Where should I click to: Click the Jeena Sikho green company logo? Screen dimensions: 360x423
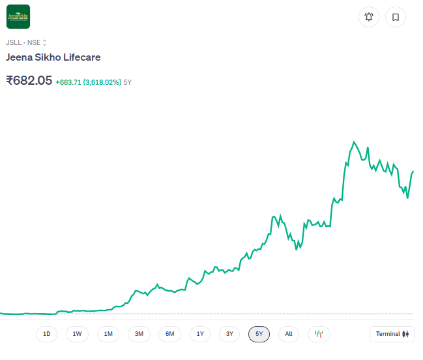pos(18,17)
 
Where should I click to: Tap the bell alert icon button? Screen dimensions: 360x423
pos(369,17)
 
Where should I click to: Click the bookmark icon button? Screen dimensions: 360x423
pos(395,17)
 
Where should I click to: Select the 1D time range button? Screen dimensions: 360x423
pos(47,334)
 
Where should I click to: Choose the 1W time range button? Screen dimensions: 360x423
pos(77,334)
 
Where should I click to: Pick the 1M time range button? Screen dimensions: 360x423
pos(108,334)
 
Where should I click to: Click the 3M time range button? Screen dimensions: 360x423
pos(139,334)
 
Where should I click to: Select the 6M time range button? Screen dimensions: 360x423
pos(169,334)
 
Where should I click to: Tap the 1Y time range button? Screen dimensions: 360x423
pos(200,334)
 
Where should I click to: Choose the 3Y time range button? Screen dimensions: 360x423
pos(229,334)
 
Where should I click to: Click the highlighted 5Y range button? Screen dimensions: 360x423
pos(259,334)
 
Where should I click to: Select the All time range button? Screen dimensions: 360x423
pos(289,334)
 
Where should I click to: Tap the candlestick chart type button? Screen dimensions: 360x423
pos(319,334)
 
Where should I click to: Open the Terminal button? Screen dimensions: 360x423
pos(392,334)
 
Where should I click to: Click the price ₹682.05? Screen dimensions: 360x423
pos(29,81)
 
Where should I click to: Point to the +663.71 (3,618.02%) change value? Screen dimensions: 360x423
pos(88,82)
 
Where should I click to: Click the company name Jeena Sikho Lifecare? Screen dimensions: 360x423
pos(53,57)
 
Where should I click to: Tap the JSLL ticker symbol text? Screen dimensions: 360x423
pos(13,42)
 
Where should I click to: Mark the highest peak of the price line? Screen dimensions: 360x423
pos(354,142)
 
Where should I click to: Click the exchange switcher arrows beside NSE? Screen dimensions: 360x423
pos(45,42)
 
